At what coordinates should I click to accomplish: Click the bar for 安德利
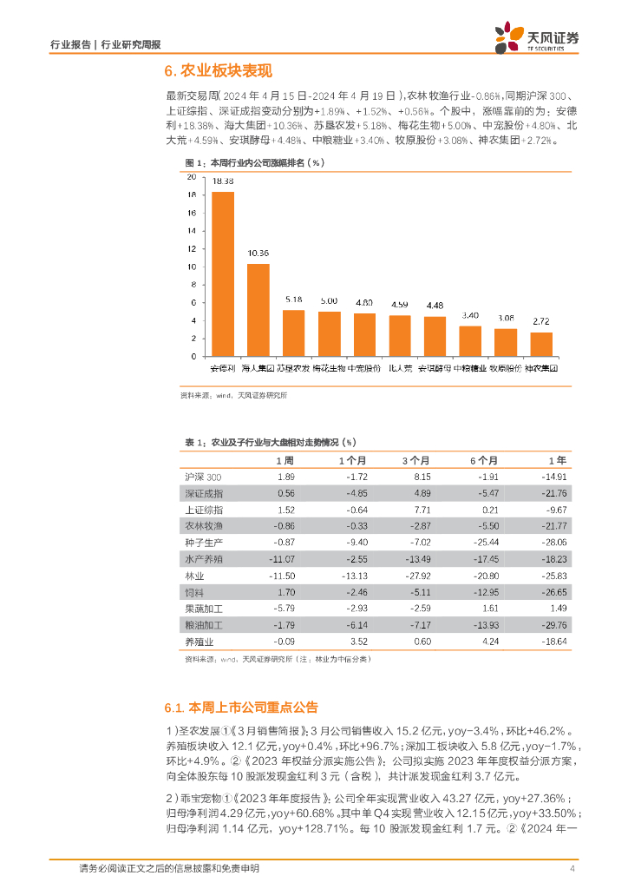[x=223, y=273]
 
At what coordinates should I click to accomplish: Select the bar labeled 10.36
[x=258, y=310]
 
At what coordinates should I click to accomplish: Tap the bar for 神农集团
[x=541, y=345]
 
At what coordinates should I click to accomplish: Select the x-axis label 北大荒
[x=400, y=368]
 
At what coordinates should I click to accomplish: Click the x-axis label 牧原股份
[x=506, y=368]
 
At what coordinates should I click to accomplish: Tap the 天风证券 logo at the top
[x=538, y=37]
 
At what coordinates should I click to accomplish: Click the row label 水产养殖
[x=205, y=557]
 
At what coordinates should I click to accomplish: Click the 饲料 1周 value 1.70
[x=286, y=591]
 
